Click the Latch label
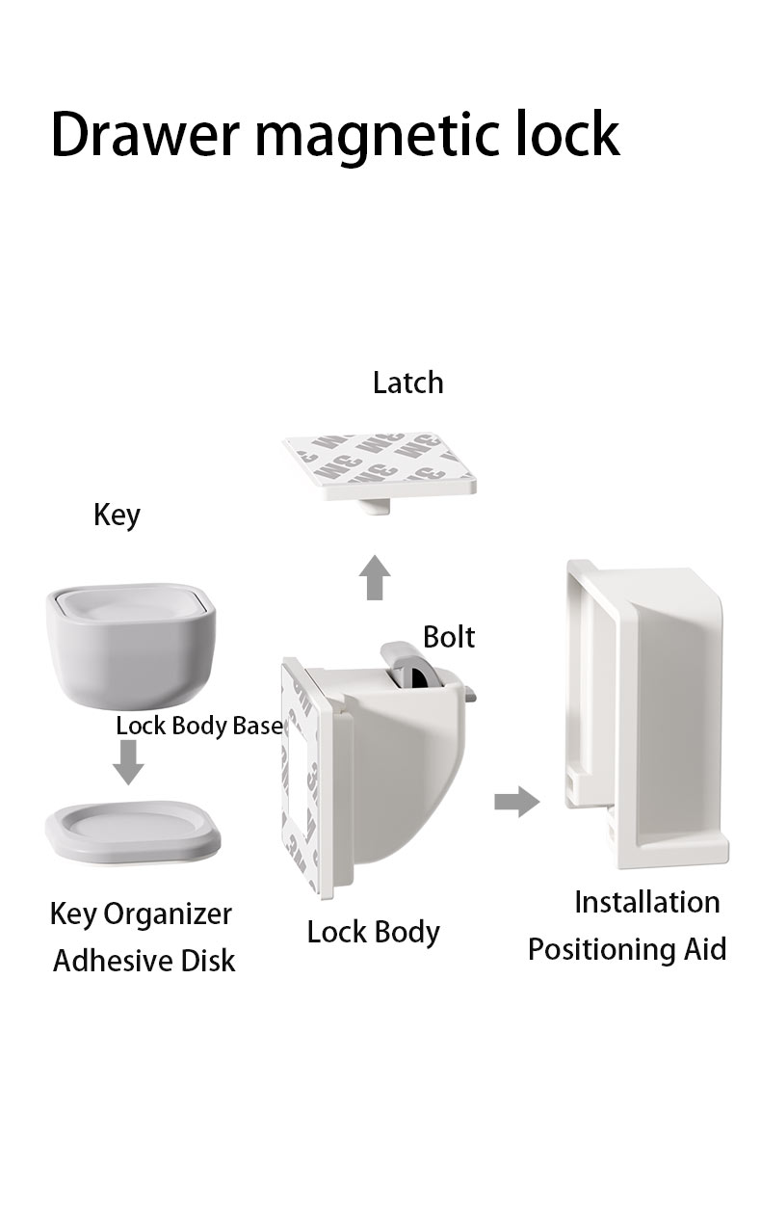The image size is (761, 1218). click(x=407, y=383)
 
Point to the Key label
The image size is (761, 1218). click(x=117, y=515)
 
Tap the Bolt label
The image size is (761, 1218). click(x=449, y=637)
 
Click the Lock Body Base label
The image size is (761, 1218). click(x=199, y=726)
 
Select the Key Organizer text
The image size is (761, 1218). click(x=141, y=913)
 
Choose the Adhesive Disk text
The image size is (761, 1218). click(x=144, y=961)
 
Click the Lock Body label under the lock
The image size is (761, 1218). click(x=373, y=932)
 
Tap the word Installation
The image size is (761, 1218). click(x=646, y=902)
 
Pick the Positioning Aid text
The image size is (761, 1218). click(x=626, y=949)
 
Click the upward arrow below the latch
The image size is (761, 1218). click(x=375, y=577)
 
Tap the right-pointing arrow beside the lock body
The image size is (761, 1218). click(x=516, y=801)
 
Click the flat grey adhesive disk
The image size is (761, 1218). click(x=132, y=828)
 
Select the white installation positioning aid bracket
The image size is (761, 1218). click(x=645, y=713)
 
